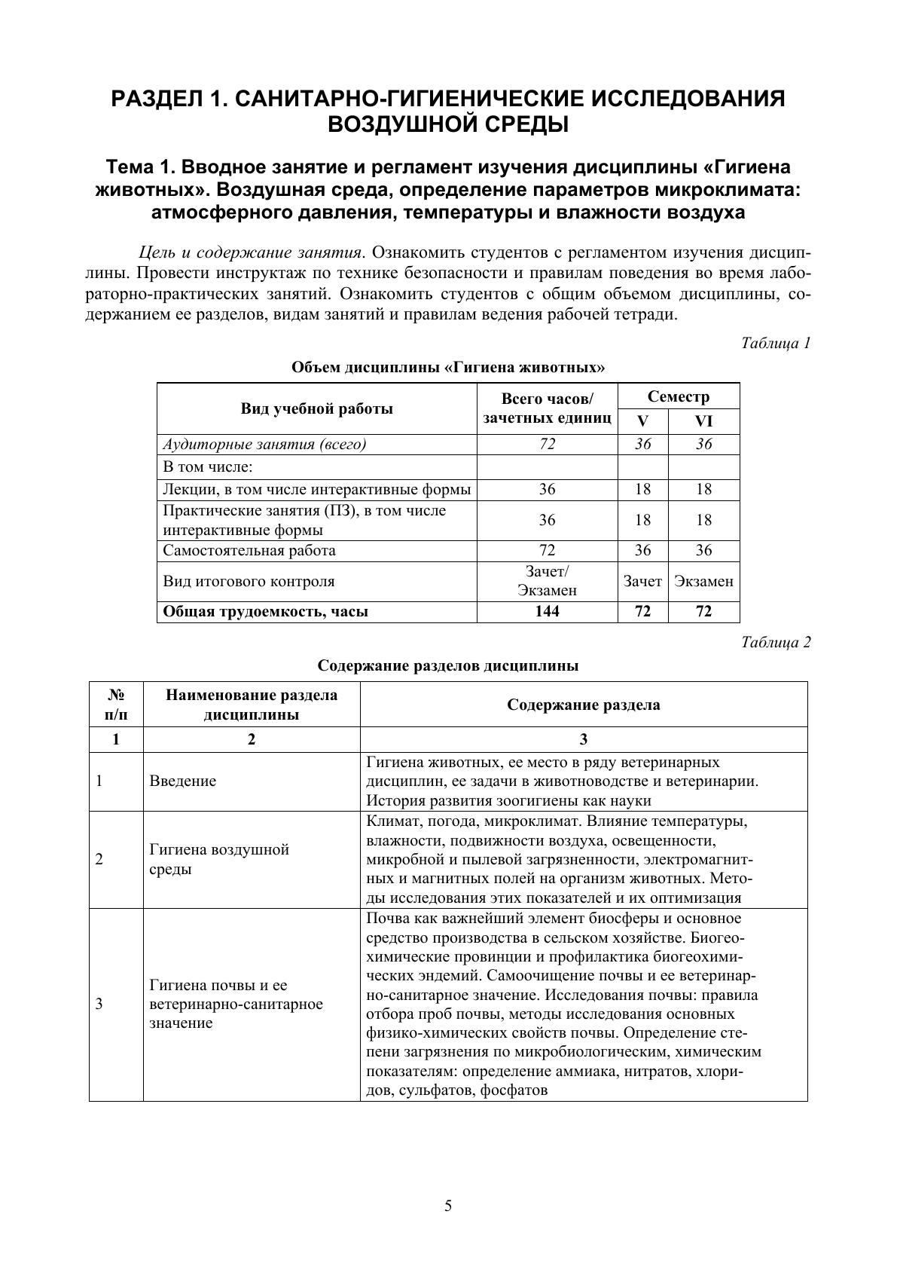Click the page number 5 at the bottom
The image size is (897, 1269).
[x=448, y=1206]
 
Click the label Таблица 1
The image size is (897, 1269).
[x=776, y=344]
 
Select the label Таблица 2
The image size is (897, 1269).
[x=776, y=643]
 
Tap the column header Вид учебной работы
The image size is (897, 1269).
[x=316, y=409]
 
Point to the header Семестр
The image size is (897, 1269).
[x=678, y=397]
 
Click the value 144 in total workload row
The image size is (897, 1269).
[x=547, y=611]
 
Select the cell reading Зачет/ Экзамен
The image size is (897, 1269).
[x=547, y=581]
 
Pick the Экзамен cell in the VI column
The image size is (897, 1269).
[x=703, y=581]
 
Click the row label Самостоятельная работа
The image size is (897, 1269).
[x=249, y=550]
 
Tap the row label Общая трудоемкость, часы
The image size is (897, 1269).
[x=266, y=611]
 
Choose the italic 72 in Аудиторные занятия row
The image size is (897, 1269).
[x=547, y=444]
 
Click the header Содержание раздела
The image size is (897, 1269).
[x=583, y=705]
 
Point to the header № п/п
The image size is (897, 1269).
[x=116, y=705]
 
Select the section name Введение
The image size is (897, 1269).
[x=183, y=781]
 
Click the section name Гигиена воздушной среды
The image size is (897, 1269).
[x=219, y=860]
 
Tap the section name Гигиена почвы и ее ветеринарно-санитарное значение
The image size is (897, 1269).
[x=236, y=1004]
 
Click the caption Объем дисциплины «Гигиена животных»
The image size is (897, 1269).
[x=448, y=368]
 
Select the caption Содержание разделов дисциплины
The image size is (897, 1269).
[x=448, y=666]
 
